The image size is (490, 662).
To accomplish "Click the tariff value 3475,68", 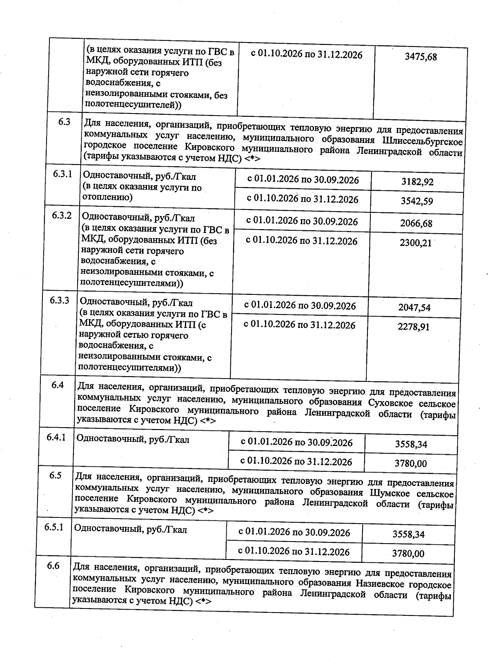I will (421, 57).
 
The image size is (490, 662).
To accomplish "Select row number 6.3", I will (64, 122).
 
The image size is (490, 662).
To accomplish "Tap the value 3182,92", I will (417, 182).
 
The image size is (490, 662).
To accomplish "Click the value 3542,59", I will (416, 201).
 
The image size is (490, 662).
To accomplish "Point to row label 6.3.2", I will (62, 215).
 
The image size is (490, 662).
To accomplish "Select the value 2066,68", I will (416, 224).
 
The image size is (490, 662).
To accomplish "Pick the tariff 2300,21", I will (415, 243).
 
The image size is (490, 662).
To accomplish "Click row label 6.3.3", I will (60, 301).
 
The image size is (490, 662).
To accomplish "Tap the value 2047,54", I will (414, 308).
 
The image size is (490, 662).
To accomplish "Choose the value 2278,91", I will (413, 327).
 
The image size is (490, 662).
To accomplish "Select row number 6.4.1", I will (56, 438).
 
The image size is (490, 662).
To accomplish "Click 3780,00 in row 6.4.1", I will (411, 464).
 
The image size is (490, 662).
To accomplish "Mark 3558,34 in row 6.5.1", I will (408, 535).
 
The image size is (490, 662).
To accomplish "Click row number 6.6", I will (53, 566).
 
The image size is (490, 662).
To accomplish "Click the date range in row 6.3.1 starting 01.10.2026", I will (303, 199).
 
